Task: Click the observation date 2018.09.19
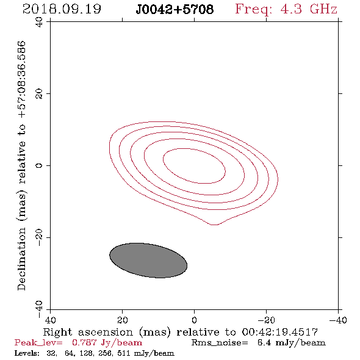pyautogui.click(x=62, y=9)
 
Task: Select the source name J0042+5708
pyautogui.click(x=175, y=10)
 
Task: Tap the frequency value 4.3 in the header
pyautogui.click(x=291, y=9)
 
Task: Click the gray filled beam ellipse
pyautogui.click(x=148, y=261)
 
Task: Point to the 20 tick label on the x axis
pyautogui.click(x=122, y=320)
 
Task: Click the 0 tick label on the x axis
pyautogui.click(x=194, y=320)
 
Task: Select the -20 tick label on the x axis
pyautogui.click(x=266, y=320)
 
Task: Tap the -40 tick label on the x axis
pyautogui.click(x=338, y=320)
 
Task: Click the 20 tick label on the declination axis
pyautogui.click(x=39, y=94)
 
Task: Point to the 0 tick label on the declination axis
pyautogui.click(x=39, y=165)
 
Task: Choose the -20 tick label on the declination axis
pyautogui.click(x=39, y=237)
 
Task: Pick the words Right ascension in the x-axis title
pyautogui.click(x=88, y=332)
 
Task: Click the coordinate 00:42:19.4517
pyautogui.click(x=280, y=332)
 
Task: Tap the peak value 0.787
pyautogui.click(x=84, y=342)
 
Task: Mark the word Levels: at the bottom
pyautogui.click(x=27, y=353)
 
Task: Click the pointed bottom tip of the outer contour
pyautogui.click(x=214, y=225)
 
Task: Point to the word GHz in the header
pyautogui.click(x=323, y=9)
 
